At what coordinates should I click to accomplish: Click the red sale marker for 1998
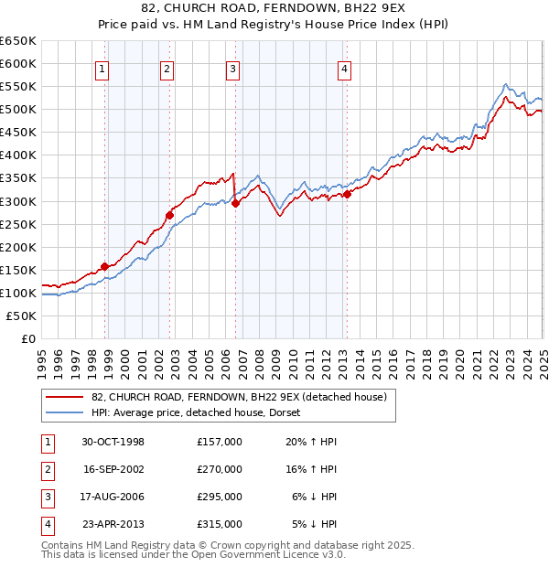tap(104, 266)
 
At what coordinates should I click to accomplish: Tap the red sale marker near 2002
tap(169, 215)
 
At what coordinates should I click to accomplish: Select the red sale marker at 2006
tap(235, 203)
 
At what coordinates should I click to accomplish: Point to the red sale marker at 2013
tap(347, 194)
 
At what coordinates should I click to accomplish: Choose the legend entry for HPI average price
tap(201, 412)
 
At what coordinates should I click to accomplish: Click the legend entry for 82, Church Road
tap(240, 397)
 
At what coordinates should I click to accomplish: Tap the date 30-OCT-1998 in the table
tap(113, 442)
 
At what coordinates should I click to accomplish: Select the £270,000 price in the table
tap(220, 469)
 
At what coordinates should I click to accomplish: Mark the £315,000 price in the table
tap(220, 524)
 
